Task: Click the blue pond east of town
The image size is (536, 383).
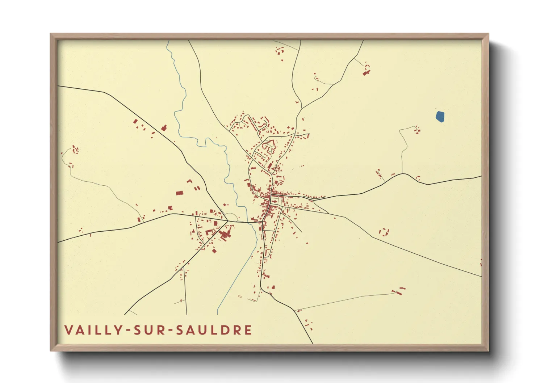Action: pos(440,117)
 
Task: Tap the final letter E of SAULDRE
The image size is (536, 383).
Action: pos(248,330)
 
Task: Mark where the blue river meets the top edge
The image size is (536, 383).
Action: pos(167,41)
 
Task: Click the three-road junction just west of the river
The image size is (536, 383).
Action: pos(227,220)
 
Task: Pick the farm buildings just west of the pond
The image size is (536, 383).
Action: pos(417,129)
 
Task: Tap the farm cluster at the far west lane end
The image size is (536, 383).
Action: pos(75,149)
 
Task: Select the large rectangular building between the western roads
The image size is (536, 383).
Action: pos(179,193)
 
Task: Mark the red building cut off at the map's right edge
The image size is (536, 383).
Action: pos(481,262)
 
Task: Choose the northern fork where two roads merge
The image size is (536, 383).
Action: pos(302,108)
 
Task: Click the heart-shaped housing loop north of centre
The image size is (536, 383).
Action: pos(268,147)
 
